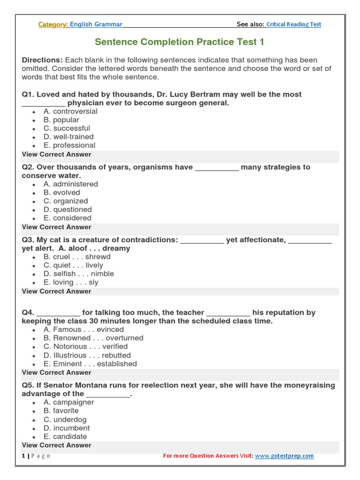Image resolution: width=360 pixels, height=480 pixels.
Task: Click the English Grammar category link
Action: tap(96, 24)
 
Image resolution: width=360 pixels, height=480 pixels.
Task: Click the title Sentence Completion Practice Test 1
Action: tap(180, 42)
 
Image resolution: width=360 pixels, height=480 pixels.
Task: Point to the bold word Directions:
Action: tap(42, 60)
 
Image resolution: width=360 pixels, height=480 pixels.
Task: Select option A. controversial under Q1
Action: tap(70, 112)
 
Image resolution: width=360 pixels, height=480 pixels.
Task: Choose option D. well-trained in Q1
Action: tap(68, 137)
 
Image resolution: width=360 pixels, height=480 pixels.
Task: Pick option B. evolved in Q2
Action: tap(62, 193)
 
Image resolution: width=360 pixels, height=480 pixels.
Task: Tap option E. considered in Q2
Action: tap(67, 218)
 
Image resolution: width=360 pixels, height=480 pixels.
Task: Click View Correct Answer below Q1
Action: tap(57, 154)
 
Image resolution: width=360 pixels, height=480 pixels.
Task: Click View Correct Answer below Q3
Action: tap(57, 291)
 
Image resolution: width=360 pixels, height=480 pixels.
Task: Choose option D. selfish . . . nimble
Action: tap(79, 274)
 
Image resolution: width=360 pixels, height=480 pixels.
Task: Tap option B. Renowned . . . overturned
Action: tap(93, 338)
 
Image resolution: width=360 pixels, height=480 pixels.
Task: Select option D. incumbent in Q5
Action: tap(67, 428)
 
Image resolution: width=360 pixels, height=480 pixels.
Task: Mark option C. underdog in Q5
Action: tap(65, 420)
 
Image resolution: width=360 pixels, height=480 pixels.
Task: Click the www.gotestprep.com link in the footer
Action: tap(285, 456)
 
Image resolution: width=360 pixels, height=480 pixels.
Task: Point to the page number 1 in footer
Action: tap(23, 456)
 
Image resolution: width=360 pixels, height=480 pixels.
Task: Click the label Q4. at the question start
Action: tap(28, 313)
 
